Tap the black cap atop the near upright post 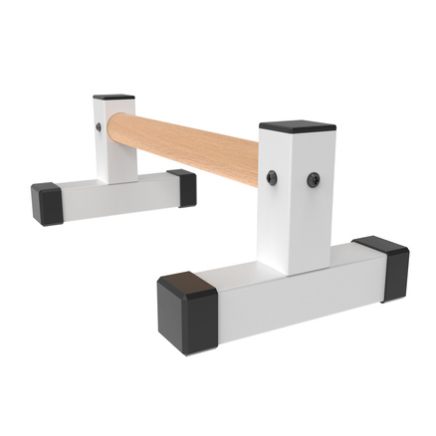tap(297, 127)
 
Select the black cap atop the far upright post tap(113, 98)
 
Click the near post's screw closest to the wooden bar tap(272, 177)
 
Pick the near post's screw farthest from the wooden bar tap(313, 180)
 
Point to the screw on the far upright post tap(98, 128)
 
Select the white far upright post tap(117, 139)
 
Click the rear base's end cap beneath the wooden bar tap(181, 186)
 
